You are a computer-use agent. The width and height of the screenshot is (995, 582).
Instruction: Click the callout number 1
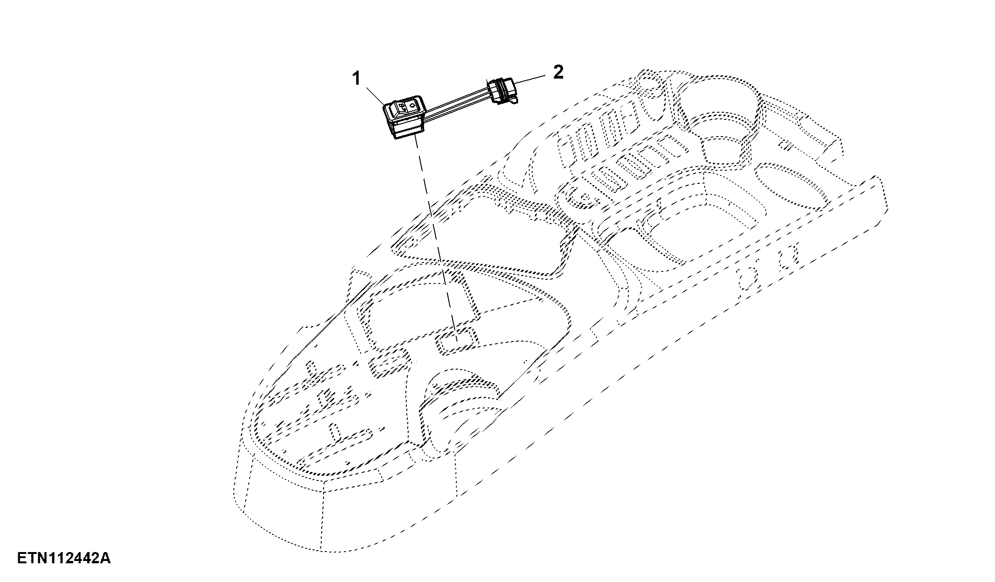click(357, 79)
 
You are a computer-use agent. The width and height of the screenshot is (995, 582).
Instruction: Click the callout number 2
click(558, 72)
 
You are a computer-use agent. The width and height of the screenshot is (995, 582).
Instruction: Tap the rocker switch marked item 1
click(403, 117)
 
